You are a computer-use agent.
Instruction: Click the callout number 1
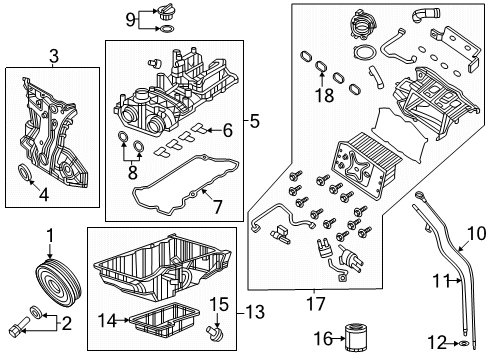click(x=47, y=235)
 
